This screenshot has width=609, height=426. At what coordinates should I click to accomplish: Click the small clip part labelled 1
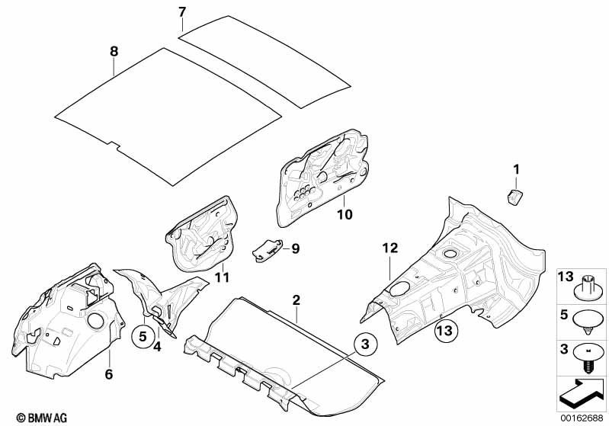point(514,196)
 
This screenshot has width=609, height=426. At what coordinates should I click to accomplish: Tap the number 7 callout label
point(182,12)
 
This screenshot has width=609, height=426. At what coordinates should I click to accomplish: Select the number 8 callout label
point(114,51)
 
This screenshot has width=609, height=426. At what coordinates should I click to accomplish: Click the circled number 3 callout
point(364,344)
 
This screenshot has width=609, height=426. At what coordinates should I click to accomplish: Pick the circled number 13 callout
point(444,331)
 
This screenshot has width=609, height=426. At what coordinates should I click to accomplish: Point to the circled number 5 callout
point(143,336)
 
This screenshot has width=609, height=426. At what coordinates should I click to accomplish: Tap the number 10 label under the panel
point(345,214)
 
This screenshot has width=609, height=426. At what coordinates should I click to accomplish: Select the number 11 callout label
point(222,277)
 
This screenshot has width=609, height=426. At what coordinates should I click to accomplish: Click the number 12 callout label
point(390,248)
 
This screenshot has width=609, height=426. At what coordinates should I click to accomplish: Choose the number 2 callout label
point(296,299)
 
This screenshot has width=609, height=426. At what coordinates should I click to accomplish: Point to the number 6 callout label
point(109,374)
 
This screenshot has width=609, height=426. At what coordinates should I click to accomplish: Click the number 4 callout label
point(157,347)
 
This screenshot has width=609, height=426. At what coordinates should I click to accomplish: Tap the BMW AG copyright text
point(42,418)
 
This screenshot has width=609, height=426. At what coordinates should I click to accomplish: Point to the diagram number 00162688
point(582,418)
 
